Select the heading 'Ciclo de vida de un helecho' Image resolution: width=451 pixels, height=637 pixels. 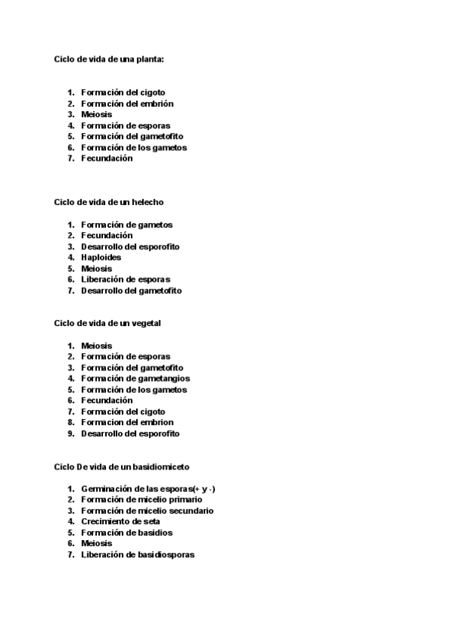tap(109, 202)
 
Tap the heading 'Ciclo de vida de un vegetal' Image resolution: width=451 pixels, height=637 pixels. tap(108, 323)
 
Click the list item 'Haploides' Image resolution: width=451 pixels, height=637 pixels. tap(101, 258)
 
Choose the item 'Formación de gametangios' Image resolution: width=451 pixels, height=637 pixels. tap(135, 379)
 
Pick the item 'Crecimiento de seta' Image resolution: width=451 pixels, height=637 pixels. tap(120, 521)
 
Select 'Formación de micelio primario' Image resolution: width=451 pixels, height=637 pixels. tap(141, 500)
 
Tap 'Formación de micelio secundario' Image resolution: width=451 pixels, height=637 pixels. tap(147, 511)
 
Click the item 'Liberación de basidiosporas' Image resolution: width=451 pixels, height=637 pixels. tap(138, 554)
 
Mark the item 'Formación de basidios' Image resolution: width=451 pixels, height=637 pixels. tap(127, 533)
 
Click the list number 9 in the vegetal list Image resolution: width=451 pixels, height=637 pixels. tap(71, 433)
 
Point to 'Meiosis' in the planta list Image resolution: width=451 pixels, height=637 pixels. tap(96, 114)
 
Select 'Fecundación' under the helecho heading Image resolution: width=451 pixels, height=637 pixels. tap(107, 235)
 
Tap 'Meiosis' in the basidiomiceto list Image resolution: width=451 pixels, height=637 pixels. tap(96, 543)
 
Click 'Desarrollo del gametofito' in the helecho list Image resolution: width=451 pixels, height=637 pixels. tap(132, 290)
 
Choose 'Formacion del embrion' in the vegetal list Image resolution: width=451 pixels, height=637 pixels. tap(127, 422)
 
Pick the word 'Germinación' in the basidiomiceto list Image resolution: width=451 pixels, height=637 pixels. tap(106, 489)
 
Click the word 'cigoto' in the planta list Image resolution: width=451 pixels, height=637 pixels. tap(153, 92)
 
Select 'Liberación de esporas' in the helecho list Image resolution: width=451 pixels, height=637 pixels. tap(126, 279)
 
